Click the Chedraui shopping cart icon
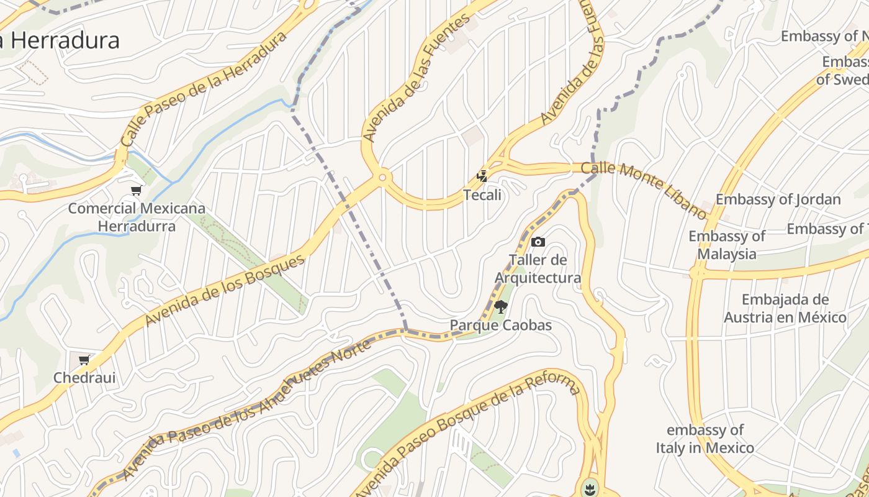coord(84,360)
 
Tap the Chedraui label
coord(84,378)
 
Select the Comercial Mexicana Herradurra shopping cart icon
coord(137,191)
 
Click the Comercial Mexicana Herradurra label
coord(137,217)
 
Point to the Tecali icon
coord(482,177)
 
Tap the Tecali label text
coord(482,195)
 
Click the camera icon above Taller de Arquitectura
coord(538,242)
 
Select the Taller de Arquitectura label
coord(538,268)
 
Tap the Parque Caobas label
coord(500,325)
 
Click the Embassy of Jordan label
coord(778,199)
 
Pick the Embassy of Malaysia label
coord(727,245)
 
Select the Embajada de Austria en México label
coord(785,308)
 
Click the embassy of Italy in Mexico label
coord(705,439)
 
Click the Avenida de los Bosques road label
coord(225,290)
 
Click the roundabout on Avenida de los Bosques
coord(382,178)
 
